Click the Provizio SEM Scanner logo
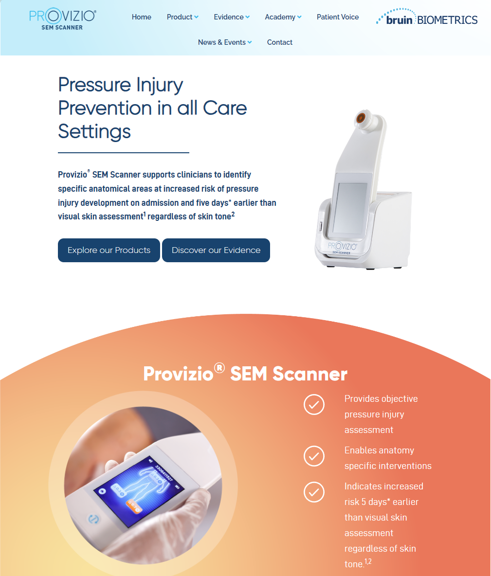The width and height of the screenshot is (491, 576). tap(62, 19)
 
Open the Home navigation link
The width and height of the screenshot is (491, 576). tap(142, 17)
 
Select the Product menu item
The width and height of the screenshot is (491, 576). tap(182, 17)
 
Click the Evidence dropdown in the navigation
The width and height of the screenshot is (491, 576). tap(232, 17)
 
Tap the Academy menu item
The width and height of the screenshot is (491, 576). tap(283, 17)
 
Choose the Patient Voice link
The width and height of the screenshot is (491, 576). tap(338, 17)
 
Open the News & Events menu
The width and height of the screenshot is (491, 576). tap(224, 42)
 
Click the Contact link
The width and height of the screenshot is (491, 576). tap(280, 42)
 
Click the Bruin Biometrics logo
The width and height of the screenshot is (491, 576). tap(427, 17)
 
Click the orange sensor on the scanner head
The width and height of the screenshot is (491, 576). tap(361, 118)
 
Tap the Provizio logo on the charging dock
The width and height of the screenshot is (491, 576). tap(342, 247)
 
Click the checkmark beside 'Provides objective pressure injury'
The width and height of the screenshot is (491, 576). tap(314, 404)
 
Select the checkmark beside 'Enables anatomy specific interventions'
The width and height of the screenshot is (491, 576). tap(314, 456)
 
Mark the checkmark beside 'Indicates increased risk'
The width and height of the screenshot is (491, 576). tap(314, 492)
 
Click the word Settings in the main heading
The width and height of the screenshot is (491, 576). tap(94, 132)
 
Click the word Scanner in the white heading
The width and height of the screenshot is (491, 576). tap(309, 374)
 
